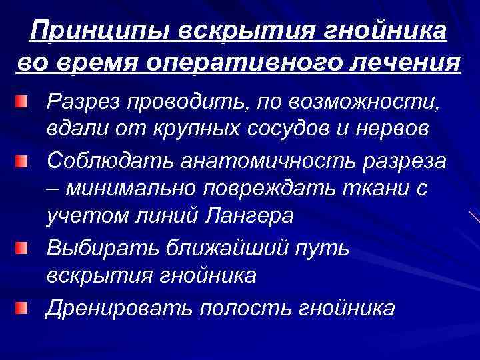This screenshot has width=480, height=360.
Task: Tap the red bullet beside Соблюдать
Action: tap(23, 162)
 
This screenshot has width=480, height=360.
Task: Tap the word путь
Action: tap(325, 248)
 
